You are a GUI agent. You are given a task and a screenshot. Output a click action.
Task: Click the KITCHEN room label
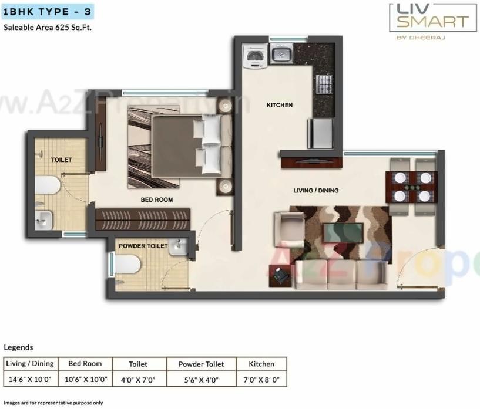(x=279, y=105)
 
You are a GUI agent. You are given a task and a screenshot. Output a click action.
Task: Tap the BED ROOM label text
(x=156, y=200)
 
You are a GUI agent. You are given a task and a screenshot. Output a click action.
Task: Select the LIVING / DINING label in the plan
(x=316, y=190)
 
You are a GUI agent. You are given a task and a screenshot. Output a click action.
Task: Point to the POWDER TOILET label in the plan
(x=143, y=246)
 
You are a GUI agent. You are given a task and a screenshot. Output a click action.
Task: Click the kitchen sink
(x=281, y=56)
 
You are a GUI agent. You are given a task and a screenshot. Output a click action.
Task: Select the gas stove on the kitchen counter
(x=324, y=84)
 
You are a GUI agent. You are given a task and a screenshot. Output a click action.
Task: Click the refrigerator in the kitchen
(x=321, y=133)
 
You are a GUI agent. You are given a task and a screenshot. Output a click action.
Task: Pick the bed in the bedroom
(x=185, y=145)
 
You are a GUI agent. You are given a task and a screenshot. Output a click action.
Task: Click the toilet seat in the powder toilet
(x=127, y=266)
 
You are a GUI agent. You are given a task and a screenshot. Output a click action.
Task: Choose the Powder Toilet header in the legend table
(x=202, y=364)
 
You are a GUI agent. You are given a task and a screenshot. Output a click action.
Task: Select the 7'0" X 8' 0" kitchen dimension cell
(x=262, y=379)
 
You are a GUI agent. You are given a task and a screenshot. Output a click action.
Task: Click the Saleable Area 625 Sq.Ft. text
(x=48, y=27)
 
